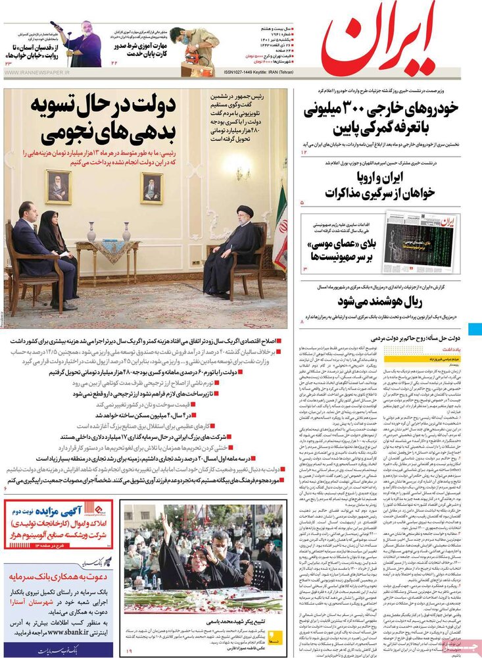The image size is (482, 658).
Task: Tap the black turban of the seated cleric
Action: pyautogui.click(x=245, y=213)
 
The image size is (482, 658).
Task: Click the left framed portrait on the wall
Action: pyautogui.click(x=58, y=186)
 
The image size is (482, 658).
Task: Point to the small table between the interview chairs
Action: pyautogui.click(x=107, y=257)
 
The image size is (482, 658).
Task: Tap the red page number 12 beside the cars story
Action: pyautogui.click(x=304, y=152)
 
